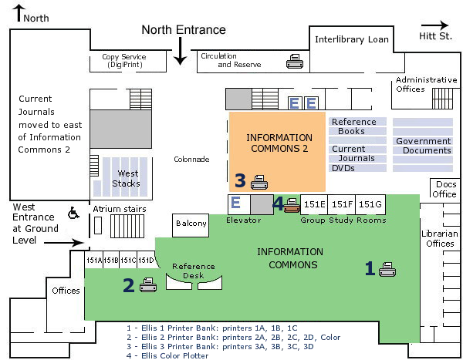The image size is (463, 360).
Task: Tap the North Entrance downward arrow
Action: pos(180,51)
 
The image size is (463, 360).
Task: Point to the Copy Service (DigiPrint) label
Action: pos(129,61)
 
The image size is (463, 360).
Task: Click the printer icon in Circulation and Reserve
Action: pos(295,62)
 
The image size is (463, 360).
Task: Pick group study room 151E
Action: pos(314,204)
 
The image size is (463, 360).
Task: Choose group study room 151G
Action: pos(370,204)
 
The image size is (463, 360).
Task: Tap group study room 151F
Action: pos(342,204)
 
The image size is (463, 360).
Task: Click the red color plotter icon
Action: pos(291,204)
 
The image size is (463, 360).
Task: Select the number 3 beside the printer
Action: pos(241,181)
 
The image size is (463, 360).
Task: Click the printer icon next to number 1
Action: pos(387,269)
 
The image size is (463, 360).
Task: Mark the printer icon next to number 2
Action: pos(148,286)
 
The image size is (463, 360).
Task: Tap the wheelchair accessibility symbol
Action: pos(74,212)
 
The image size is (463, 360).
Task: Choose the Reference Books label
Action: pos(354,126)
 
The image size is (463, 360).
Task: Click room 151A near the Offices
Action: pos(93,261)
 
